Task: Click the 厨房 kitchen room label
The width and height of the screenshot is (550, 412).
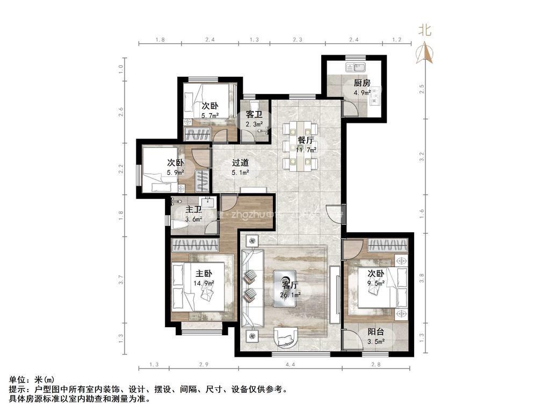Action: coord(361,83)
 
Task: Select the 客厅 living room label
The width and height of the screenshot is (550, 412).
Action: coord(290,285)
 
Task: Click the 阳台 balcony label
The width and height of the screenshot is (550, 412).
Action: coord(375,332)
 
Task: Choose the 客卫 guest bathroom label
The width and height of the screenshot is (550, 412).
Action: coord(254,115)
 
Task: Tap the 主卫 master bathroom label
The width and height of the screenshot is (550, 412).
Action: coord(193,210)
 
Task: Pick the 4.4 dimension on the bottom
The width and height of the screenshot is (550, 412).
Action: coord(290,365)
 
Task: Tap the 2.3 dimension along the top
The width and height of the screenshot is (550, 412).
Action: coord(298,40)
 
